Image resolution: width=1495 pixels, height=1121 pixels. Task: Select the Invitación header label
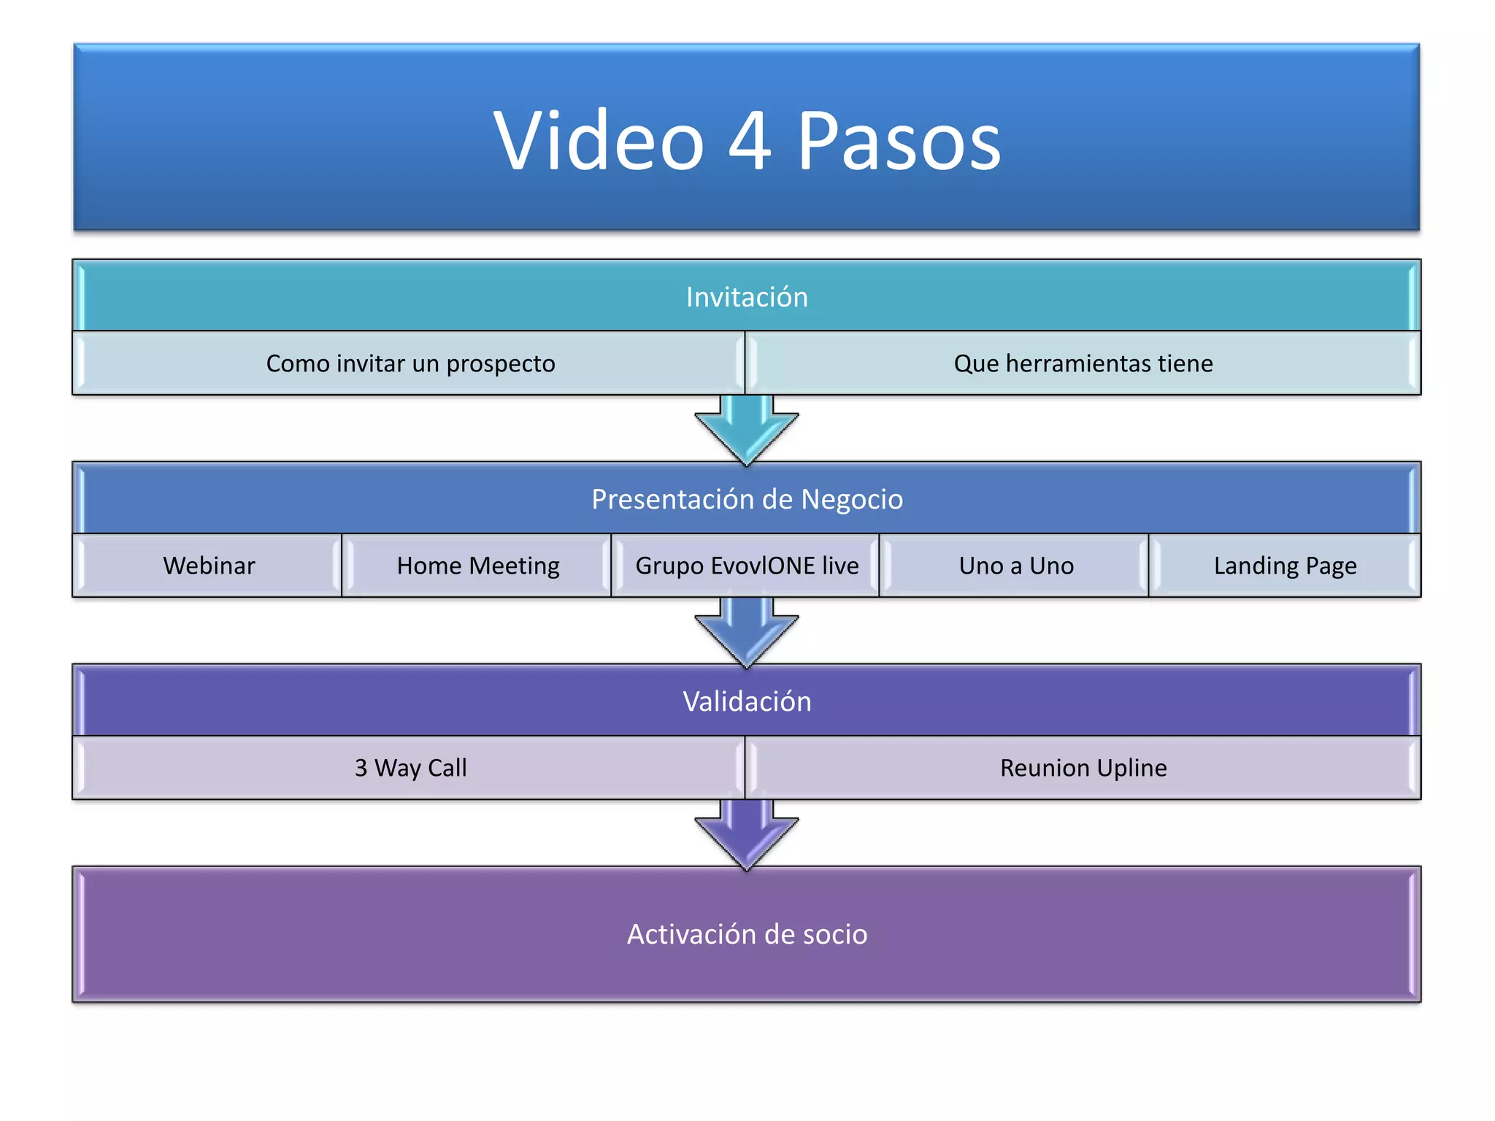point(747,297)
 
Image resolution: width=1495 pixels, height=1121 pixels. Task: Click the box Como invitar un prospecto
point(410,363)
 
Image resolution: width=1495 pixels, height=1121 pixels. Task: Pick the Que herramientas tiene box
point(1083,363)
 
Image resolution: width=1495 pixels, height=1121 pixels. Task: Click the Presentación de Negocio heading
point(747,499)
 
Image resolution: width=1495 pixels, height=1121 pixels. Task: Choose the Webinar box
point(209,566)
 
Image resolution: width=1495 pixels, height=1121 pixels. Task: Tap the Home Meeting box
point(477,566)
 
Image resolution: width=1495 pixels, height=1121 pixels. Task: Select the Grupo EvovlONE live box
point(747,566)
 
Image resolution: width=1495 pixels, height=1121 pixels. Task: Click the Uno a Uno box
point(1016,566)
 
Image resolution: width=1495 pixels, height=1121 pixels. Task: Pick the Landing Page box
point(1285,566)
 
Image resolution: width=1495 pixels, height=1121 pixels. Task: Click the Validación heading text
point(747,701)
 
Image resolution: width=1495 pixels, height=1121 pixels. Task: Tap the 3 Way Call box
point(410,768)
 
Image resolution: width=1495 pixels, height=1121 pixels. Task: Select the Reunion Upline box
point(1083,768)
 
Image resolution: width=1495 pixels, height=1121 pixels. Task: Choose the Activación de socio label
point(747,934)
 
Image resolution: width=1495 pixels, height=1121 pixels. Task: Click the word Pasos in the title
point(899,140)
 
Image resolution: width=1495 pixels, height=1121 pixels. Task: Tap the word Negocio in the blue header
point(852,500)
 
